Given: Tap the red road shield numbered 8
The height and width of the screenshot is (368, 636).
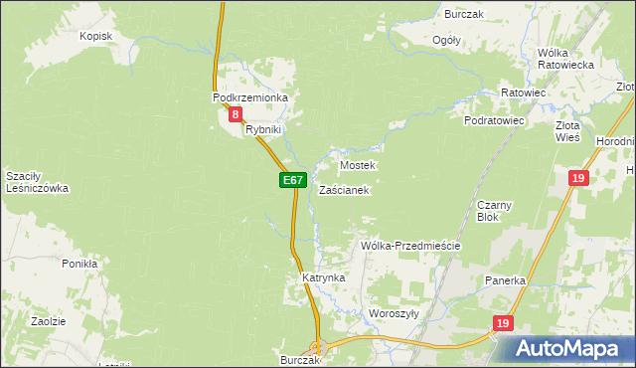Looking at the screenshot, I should pos(235,115).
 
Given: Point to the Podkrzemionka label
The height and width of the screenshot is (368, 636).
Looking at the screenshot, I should pos(249,97).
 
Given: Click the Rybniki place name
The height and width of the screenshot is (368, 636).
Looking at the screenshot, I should pos(264,129).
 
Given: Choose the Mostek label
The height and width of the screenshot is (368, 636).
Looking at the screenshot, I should pos(358,165).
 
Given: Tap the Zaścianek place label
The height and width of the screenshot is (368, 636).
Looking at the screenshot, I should pos(345,189).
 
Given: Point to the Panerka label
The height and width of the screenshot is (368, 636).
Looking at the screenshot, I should pos(505,280).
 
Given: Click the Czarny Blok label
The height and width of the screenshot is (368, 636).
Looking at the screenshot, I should pos(494,210).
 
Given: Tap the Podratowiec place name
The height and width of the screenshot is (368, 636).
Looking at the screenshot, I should pos(494,119).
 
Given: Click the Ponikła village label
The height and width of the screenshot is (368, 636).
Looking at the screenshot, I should pos(79,264).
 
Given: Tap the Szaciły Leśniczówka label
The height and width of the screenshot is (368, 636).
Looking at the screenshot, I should pos(36,181).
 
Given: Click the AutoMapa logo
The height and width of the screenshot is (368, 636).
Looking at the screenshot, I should pos(569,348).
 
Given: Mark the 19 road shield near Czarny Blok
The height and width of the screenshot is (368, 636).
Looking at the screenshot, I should pos(579,178).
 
